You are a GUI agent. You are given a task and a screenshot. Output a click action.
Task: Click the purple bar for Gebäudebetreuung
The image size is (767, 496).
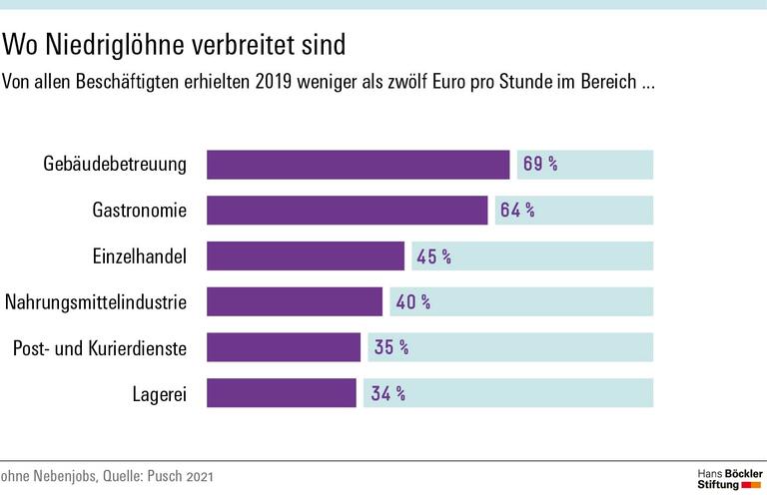tap(358, 165)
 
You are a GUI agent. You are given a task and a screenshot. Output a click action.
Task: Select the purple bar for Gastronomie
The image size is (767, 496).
tap(347, 211)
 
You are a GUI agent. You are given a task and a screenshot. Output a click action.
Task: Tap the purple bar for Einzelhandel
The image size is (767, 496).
tap(305, 256)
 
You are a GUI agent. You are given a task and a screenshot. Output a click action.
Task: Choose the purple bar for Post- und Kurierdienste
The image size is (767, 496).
tap(283, 347)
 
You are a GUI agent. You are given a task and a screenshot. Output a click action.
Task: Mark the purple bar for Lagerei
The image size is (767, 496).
tap(281, 393)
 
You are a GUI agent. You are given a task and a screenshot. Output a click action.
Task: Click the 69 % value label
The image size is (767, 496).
tap(539, 165)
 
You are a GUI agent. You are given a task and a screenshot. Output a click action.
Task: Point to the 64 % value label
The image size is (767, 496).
tap(517, 211)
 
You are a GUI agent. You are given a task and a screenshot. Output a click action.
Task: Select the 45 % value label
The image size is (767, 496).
tap(433, 256)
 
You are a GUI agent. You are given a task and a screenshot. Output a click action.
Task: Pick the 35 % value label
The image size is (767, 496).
tap(390, 347)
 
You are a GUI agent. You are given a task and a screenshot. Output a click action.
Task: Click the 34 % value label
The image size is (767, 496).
tap(387, 393)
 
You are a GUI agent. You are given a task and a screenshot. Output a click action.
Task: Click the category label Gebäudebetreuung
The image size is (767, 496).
tap(115, 165)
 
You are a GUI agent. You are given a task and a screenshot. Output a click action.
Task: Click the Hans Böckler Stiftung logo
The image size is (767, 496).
tap(729, 476)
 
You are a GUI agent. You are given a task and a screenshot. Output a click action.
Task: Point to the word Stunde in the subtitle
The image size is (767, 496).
tap(529, 81)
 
